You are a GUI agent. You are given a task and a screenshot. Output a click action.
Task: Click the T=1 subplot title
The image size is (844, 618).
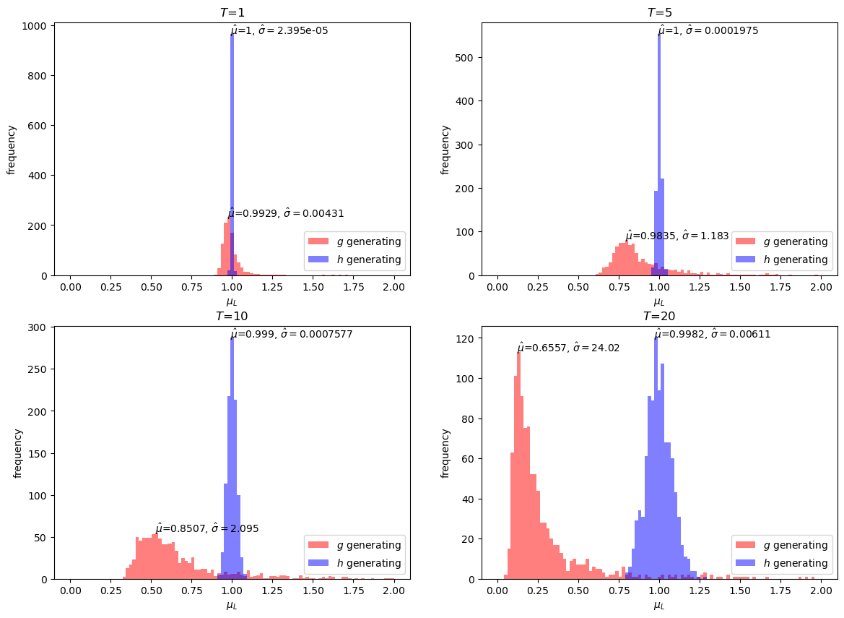[x=232, y=12]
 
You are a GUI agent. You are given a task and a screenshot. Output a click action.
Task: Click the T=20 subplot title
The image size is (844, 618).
[x=659, y=317]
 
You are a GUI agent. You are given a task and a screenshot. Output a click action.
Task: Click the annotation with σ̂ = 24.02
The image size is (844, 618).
[x=568, y=347]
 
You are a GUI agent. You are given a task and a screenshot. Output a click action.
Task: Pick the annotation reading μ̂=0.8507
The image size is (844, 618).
[x=207, y=528]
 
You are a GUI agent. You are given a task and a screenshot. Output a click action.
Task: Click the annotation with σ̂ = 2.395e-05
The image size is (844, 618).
[x=279, y=30]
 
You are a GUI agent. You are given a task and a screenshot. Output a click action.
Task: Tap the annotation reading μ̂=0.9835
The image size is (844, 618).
[x=677, y=236]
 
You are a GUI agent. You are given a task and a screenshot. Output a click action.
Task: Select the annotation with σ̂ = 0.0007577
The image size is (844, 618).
[x=292, y=333]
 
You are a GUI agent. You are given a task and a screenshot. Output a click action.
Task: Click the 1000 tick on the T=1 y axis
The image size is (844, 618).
[x=38, y=26]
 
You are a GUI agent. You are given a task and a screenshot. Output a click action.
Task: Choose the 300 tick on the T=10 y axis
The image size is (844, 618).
[x=44, y=327]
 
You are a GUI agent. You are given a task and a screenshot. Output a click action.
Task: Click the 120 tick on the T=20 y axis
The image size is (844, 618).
[x=471, y=338]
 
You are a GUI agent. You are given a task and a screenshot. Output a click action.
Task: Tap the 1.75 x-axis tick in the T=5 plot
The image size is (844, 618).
[x=780, y=287]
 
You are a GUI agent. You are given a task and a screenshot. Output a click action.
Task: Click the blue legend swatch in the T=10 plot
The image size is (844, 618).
[x=318, y=562]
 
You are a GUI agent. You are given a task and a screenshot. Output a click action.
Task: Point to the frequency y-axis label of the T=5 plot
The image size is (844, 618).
[x=445, y=150]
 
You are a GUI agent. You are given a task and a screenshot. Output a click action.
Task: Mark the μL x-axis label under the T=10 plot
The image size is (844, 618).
[x=232, y=606]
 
